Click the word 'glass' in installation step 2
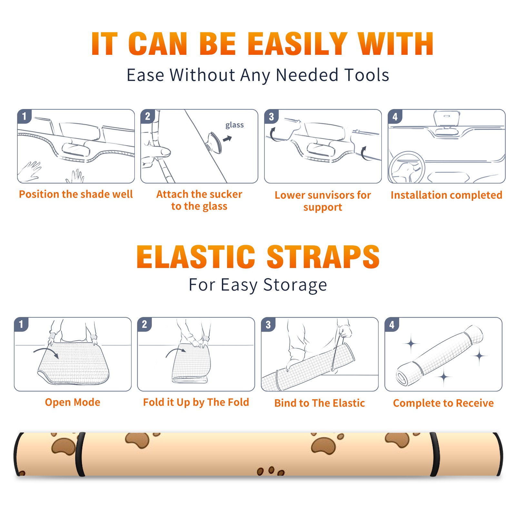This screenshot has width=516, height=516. pos(234,125)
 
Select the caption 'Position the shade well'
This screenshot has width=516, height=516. pos(76,194)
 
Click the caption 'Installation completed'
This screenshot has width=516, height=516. pos(446,195)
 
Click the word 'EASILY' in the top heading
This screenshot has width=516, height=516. pos(297,44)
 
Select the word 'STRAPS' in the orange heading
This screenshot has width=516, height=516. pos(323,257)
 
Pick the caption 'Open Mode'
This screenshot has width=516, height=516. pos(73,402)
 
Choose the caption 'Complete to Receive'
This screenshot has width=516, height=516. pos(443,403)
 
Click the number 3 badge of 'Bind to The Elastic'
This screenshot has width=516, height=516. pos(268,324)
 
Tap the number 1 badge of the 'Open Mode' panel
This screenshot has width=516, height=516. pos(21,324)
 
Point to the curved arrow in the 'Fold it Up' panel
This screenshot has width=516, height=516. pos(176,351)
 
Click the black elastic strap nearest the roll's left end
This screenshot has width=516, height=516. pos(80,454)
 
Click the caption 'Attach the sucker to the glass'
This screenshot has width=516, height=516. pos(199,200)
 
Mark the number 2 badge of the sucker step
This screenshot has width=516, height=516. pos(148,116)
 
